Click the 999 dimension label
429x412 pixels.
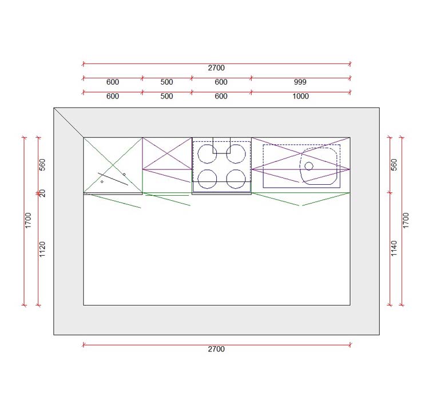click(300, 82)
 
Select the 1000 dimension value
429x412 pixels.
click(300, 96)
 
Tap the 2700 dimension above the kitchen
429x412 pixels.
click(216, 68)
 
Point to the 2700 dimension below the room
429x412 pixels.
click(216, 349)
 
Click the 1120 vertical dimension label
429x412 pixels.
click(42, 249)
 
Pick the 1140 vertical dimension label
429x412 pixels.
click(394, 248)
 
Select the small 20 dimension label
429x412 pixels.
click(42, 193)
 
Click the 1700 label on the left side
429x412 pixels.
click(28, 220)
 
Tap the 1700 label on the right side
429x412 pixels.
click(406, 220)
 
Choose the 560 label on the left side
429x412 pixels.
click(42, 165)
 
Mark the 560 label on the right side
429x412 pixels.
click(394, 165)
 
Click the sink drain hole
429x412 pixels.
click(309, 166)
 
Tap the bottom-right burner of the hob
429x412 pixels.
click(236, 179)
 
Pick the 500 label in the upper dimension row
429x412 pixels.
click(166, 82)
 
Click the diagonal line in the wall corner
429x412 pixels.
click(69, 122)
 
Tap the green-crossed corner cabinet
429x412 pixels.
click(113, 165)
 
